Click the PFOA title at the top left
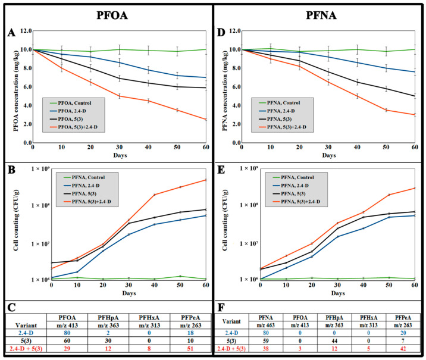(x=107, y=12)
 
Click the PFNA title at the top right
(x=319, y=12)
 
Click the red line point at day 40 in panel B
(x=154, y=195)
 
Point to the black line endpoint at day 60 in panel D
(x=415, y=96)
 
